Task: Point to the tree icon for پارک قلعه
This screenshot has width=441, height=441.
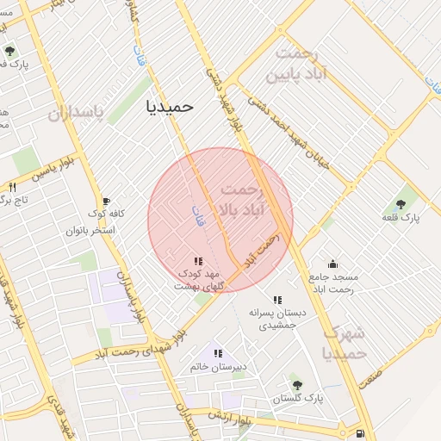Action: pyautogui.click(x=401, y=204)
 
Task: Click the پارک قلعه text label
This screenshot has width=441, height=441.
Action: pyautogui.click(x=401, y=219)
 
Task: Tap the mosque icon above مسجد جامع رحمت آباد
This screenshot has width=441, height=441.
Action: pyautogui.click(x=333, y=264)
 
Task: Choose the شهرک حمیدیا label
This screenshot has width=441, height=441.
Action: pyautogui.click(x=344, y=343)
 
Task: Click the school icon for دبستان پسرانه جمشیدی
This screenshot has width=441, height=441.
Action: pyautogui.click(x=276, y=299)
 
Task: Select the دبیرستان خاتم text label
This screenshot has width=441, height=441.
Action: pyautogui.click(x=219, y=367)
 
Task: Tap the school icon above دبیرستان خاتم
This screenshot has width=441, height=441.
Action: pyautogui.click(x=218, y=353)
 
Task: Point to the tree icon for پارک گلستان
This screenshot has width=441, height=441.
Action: pyautogui.click(x=297, y=385)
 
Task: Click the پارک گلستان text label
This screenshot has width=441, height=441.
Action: pyautogui.click(x=298, y=399)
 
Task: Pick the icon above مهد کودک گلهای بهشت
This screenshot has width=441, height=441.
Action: pyautogui.click(x=198, y=260)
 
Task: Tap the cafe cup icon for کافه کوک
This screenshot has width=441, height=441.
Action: pyautogui.click(x=106, y=200)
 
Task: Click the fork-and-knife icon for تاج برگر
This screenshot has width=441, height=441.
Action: pyautogui.click(x=12, y=187)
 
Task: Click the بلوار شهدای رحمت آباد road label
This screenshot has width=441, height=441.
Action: pyautogui.click(x=138, y=345)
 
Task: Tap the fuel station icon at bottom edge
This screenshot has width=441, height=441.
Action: pyautogui.click(x=358, y=433)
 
